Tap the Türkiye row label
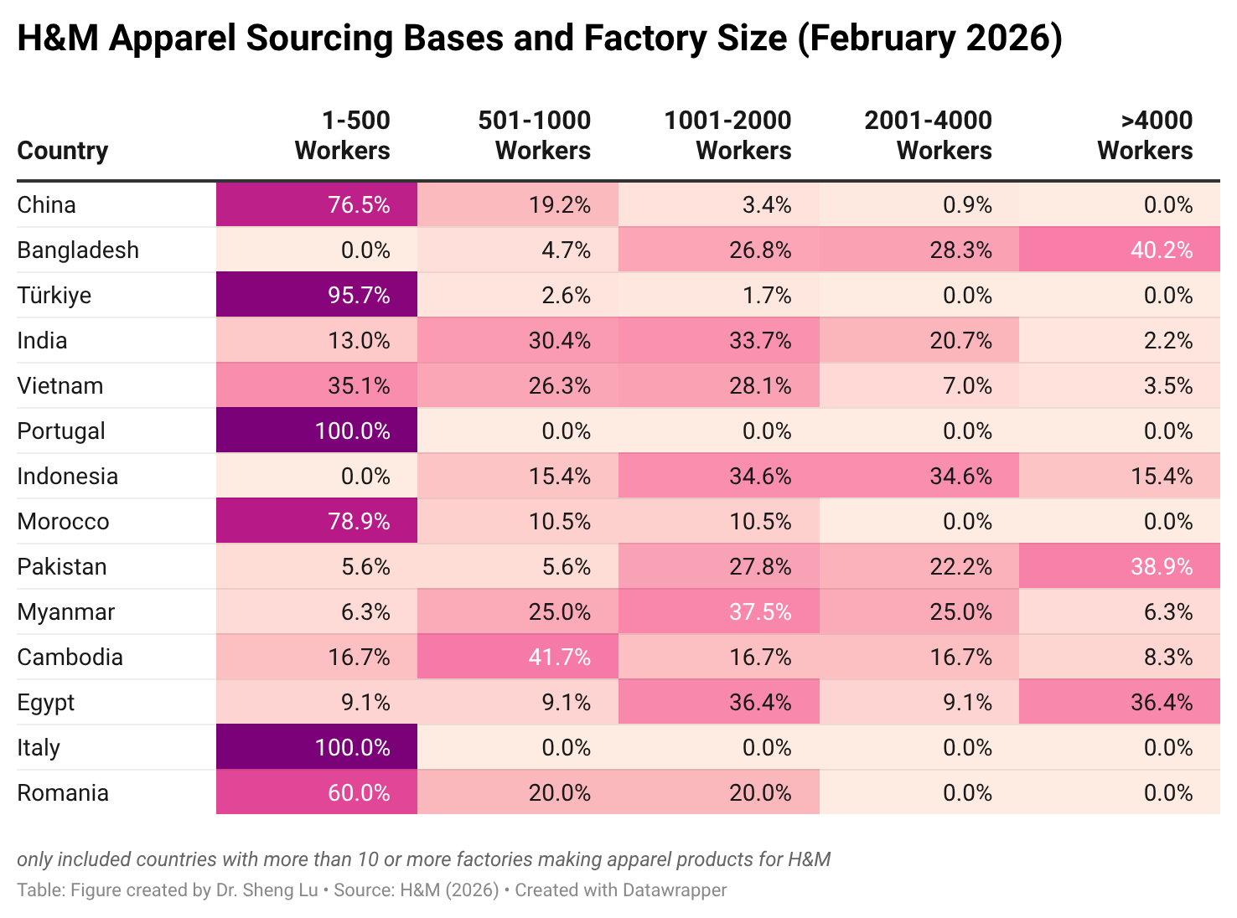[x=54, y=296]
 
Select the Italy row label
[x=39, y=748]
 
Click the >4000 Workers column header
[x=1145, y=136]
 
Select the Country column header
[x=63, y=151]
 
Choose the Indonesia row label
[x=68, y=477]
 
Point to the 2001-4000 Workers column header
[x=928, y=136]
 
